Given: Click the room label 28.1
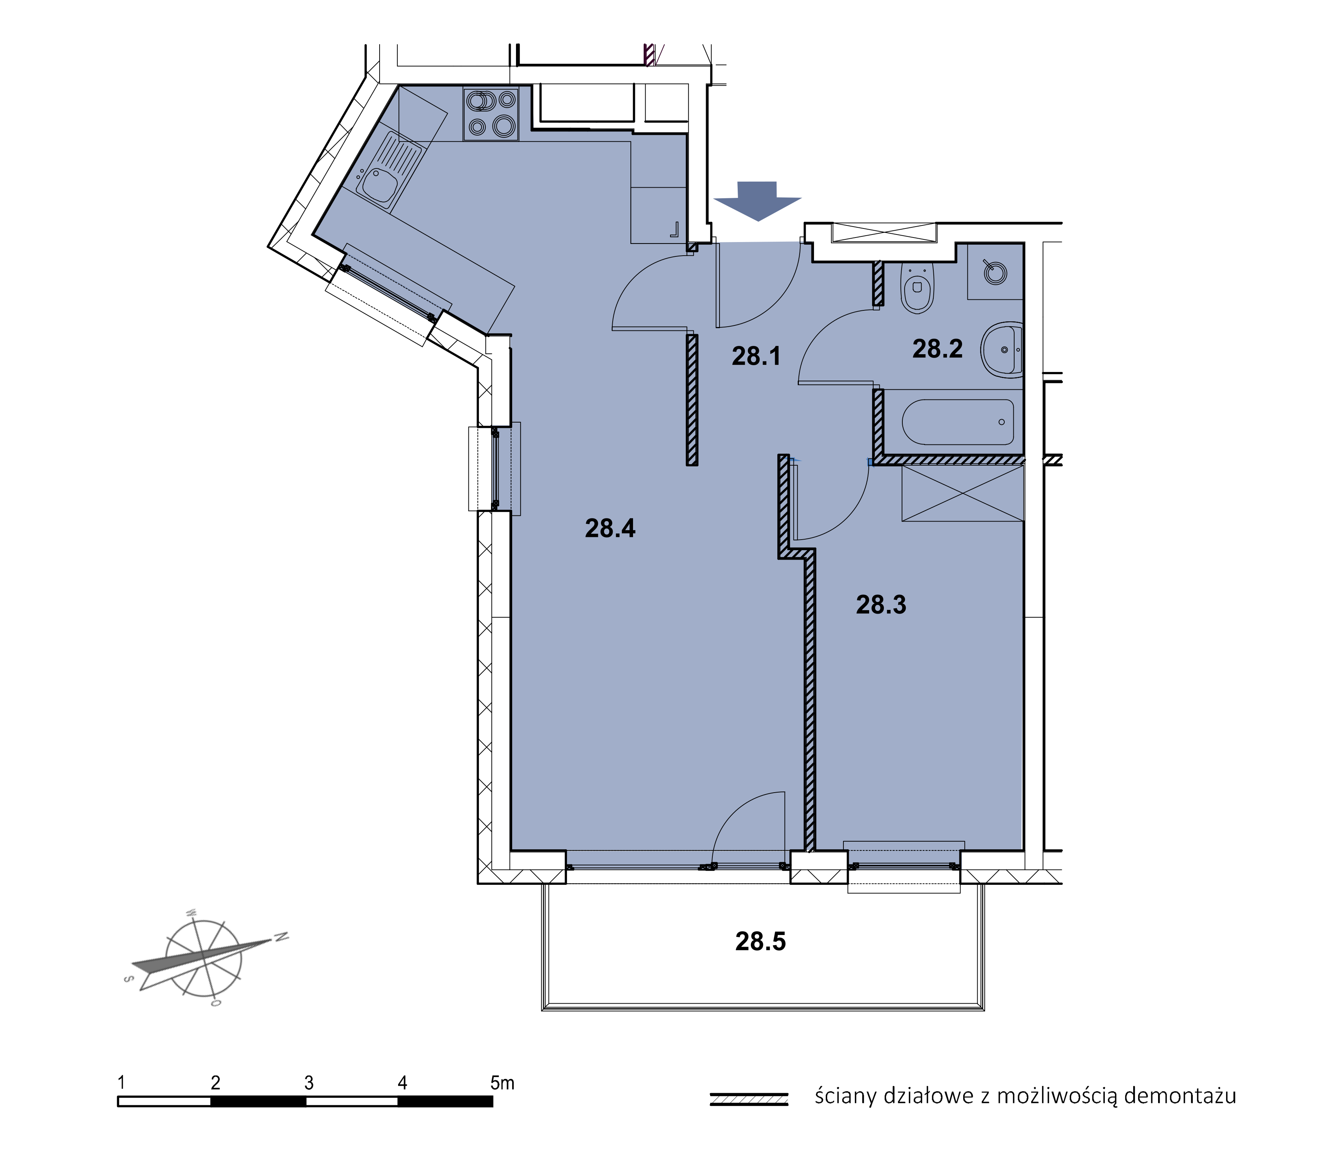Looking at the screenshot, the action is coord(756,356).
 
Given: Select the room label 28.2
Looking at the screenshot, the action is coord(937,349).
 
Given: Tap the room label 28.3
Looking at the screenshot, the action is coord(881,605).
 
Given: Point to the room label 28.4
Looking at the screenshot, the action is coord(610,528).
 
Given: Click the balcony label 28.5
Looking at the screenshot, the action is coord(760,941).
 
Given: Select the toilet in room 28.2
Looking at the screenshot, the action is coord(917,288).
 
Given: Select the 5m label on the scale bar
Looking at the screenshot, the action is coord(502,1083).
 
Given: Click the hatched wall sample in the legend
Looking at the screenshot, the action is coord(749,1098).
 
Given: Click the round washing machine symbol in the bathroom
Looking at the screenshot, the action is coord(995,272).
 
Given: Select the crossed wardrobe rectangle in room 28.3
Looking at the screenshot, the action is coord(962,493).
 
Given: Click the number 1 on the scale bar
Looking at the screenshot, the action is coord(121,1083).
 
